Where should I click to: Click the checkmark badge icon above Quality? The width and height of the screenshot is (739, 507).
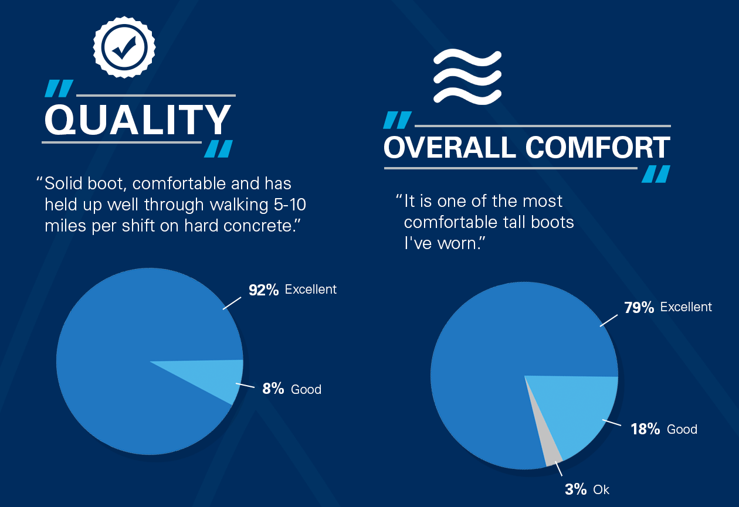coord(124,47)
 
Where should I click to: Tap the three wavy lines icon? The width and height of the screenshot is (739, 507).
coord(467,77)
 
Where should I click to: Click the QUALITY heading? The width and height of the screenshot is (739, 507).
coord(138,120)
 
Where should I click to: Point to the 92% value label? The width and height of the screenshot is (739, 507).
coord(263,290)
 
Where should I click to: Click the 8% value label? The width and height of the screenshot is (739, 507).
coord(273,389)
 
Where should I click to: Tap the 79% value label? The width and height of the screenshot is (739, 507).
coord(639,308)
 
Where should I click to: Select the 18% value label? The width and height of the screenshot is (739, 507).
coord(645,429)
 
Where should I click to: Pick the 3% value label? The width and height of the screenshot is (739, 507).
coord(576,489)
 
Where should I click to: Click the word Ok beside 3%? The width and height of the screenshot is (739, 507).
coord(601,490)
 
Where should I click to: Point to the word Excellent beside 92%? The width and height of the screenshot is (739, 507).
coord(310,290)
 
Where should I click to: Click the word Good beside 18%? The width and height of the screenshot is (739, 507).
coord(682,430)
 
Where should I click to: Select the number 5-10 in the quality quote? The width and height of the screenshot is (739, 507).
coord(290,205)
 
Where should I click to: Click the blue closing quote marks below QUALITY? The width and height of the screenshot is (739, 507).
coord(218,149)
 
